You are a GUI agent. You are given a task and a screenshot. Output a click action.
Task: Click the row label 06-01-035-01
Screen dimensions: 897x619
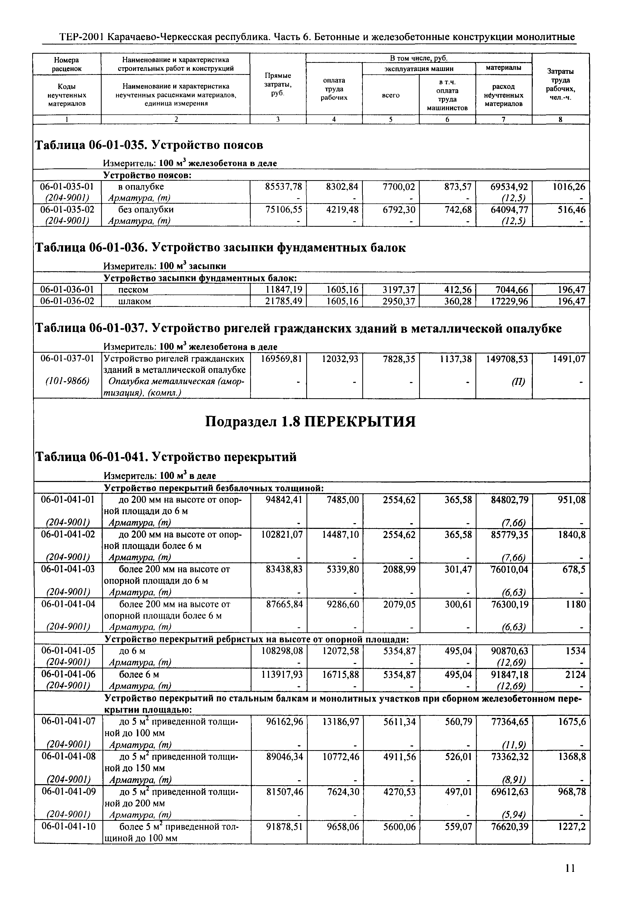(x=67, y=186)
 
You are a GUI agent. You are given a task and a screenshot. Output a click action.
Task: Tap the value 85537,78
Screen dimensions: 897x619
(x=283, y=186)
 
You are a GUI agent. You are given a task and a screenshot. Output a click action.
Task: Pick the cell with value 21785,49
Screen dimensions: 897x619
(x=283, y=301)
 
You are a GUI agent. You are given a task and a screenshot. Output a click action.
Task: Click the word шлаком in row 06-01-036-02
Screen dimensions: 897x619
(x=134, y=301)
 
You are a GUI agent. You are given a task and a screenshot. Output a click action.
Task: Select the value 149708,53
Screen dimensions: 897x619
(x=507, y=359)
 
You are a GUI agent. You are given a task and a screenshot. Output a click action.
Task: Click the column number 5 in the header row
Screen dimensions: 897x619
(x=391, y=120)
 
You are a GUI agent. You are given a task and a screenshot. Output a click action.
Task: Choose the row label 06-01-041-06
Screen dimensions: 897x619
(x=68, y=674)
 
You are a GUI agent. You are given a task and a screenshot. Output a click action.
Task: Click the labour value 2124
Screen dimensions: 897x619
(x=575, y=674)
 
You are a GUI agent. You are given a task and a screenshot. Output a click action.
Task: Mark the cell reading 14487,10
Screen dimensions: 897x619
(x=340, y=535)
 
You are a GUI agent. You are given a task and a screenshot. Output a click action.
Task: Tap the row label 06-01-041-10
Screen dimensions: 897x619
(x=68, y=827)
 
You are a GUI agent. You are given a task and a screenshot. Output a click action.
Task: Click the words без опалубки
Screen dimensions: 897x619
(x=146, y=209)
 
